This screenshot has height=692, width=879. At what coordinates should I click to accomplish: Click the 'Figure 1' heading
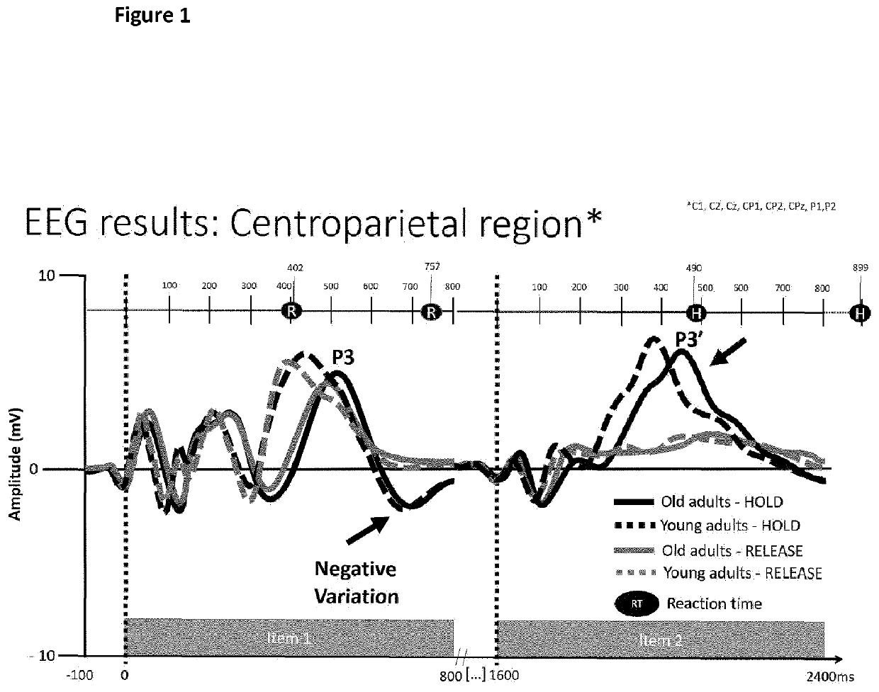tap(152, 16)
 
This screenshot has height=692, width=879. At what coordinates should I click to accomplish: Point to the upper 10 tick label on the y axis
tap(46, 275)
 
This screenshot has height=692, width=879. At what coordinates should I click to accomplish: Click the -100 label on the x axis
tap(79, 675)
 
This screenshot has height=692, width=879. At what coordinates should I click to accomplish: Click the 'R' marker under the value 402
tap(291, 311)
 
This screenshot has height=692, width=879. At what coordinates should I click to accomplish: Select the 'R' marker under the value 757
tap(430, 312)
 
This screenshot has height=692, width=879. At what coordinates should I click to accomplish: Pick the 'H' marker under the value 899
tap(861, 312)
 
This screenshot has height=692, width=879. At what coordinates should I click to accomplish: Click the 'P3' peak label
tap(344, 357)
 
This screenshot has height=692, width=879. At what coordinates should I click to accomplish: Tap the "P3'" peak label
tap(688, 339)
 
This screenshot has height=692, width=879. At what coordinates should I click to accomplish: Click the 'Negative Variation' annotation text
tap(357, 582)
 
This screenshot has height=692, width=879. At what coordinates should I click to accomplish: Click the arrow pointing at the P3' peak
tap(728, 351)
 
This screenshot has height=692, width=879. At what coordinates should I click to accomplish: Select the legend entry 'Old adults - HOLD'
tap(722, 502)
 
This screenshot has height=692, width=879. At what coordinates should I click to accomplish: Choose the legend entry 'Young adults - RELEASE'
tap(741, 572)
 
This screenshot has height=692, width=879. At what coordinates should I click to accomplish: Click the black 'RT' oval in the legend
tap(635, 603)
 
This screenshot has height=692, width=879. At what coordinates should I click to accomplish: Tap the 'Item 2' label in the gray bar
tap(660, 640)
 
